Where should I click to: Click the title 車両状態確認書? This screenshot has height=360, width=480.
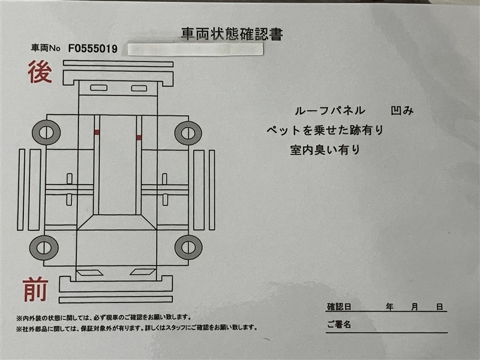[232, 34]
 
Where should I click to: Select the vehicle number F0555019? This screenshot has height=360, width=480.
[93, 49]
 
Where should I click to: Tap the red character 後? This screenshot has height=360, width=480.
[40, 72]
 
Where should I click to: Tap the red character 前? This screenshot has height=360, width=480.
[35, 289]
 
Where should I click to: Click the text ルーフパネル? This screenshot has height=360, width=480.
[329, 110]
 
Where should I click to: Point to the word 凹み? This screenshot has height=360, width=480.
[402, 110]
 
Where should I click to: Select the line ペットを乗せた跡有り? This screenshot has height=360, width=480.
[325, 130]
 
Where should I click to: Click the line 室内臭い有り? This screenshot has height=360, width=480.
[325, 149]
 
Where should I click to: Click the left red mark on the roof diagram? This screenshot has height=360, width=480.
[97, 132]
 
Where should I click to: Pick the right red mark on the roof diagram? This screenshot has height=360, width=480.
[139, 137]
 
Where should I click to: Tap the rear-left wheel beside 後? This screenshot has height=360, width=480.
[46, 133]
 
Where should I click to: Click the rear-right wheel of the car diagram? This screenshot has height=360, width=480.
[188, 133]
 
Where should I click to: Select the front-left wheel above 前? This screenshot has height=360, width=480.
[44, 248]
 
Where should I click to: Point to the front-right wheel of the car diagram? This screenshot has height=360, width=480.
[188, 247]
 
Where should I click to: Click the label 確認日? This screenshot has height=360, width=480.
[339, 307]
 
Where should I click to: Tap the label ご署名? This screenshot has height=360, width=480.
[339, 324]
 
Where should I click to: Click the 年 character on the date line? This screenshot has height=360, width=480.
[389, 307]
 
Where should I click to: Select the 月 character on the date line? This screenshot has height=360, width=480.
[415, 307]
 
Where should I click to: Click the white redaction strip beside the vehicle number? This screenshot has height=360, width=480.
[196, 49]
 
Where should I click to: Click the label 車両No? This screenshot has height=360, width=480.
[46, 48]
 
